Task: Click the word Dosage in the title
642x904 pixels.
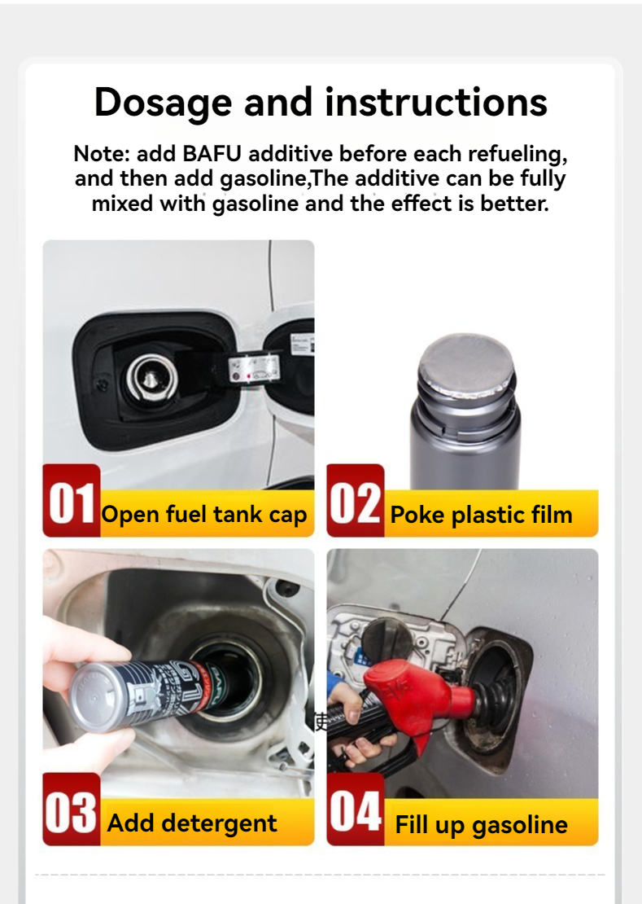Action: [163, 103]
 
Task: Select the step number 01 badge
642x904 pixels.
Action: [72, 501]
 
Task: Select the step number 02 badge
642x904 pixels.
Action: [355, 501]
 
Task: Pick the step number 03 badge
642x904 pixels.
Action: [72, 810]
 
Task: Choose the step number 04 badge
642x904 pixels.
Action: [355, 810]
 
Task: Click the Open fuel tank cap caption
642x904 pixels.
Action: [204, 515]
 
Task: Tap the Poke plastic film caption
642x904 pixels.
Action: [481, 515]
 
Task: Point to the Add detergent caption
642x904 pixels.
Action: [192, 823]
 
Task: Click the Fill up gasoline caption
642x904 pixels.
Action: [481, 824]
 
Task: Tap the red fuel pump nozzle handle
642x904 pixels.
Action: [411, 691]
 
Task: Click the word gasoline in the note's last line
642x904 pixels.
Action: [255, 203]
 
